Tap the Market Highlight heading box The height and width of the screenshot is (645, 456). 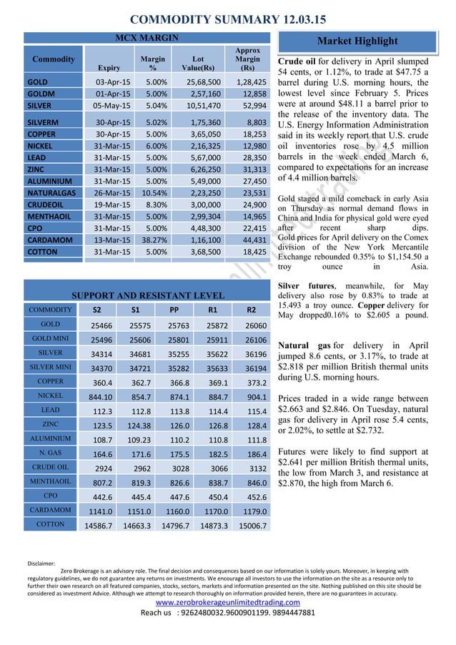(363, 41)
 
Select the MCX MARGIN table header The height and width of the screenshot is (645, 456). (147, 37)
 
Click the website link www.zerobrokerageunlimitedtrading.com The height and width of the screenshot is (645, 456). (228, 602)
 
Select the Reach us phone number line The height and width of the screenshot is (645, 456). (228, 613)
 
